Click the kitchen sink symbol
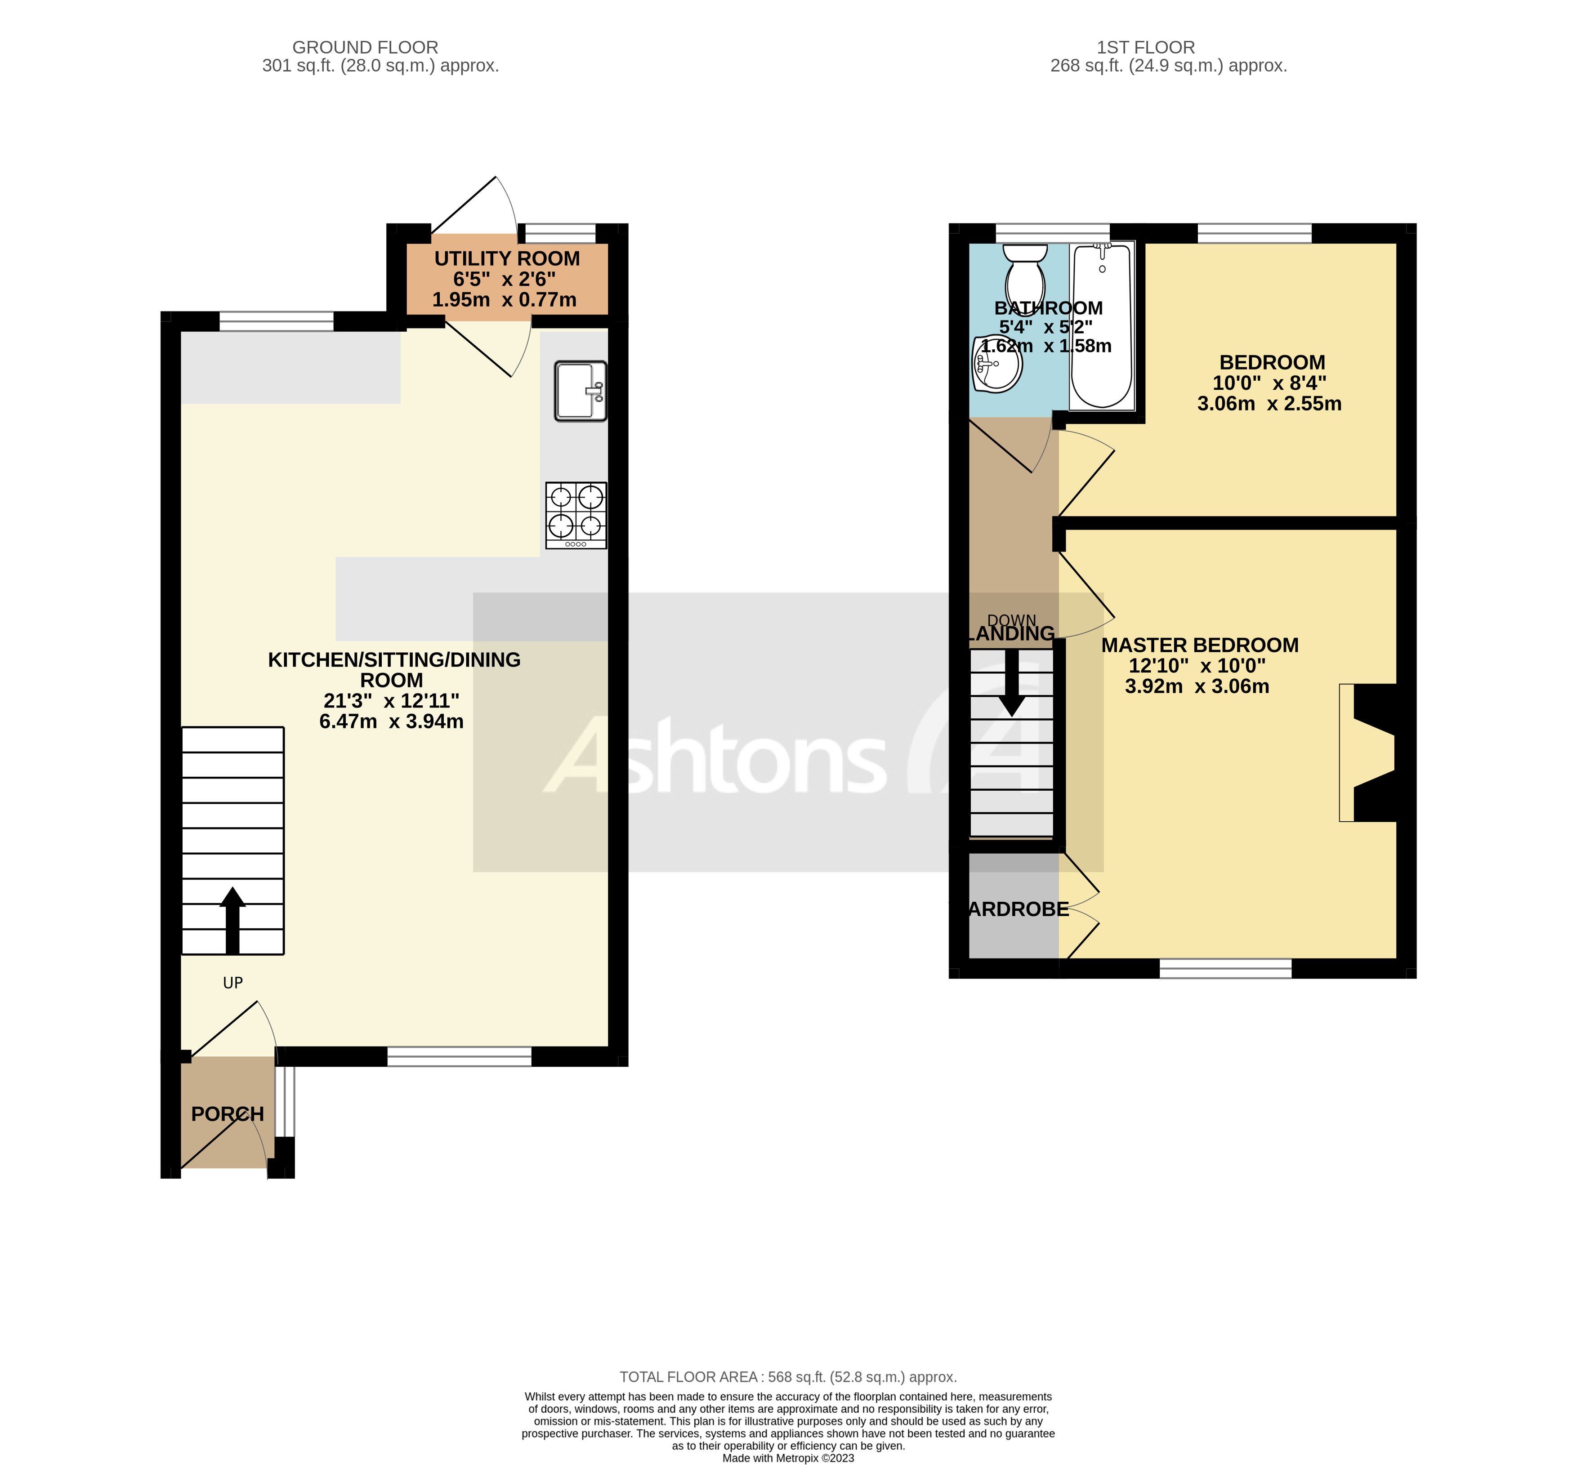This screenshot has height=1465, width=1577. (581, 391)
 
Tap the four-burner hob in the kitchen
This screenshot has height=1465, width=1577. (576, 515)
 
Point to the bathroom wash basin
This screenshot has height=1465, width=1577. (996, 363)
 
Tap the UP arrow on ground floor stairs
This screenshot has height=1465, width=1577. (232, 920)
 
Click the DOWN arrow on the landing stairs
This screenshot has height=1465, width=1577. (1012, 682)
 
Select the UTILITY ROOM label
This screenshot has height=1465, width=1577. (507, 258)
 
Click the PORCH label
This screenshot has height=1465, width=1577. (228, 1114)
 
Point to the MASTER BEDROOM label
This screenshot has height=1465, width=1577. (1200, 646)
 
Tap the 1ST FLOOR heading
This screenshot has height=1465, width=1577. (1146, 48)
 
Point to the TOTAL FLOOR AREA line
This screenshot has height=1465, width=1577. (788, 1377)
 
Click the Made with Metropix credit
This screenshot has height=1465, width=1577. (788, 1458)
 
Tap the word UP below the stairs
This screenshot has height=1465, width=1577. (232, 983)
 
